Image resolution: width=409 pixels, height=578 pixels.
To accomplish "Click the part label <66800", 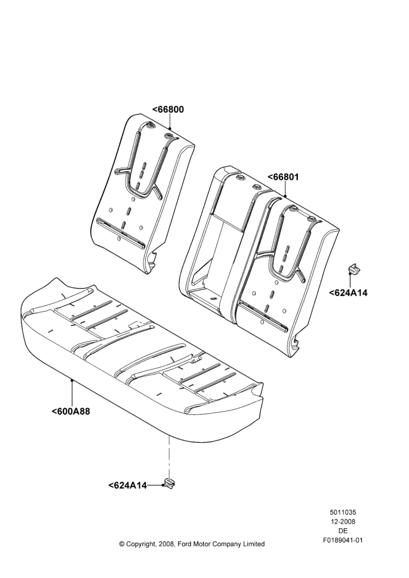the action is click(168, 109).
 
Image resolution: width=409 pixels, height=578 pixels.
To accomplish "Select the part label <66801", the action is click(283, 177).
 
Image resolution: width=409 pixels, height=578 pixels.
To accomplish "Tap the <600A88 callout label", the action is click(70, 412).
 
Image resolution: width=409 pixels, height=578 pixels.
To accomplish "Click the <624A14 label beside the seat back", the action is click(348, 292).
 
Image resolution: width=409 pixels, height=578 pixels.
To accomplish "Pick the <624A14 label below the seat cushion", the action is click(128, 486).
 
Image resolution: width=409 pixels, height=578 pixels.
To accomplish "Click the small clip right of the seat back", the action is click(354, 269).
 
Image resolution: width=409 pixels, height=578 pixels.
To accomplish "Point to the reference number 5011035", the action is click(343, 512).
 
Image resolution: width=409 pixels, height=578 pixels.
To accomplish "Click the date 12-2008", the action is click(343, 521).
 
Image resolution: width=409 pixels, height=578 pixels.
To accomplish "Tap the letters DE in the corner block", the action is click(343, 531).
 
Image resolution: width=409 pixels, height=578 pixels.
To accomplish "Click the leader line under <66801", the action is click(285, 189).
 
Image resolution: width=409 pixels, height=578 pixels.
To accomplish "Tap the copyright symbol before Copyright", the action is click(122, 544).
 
